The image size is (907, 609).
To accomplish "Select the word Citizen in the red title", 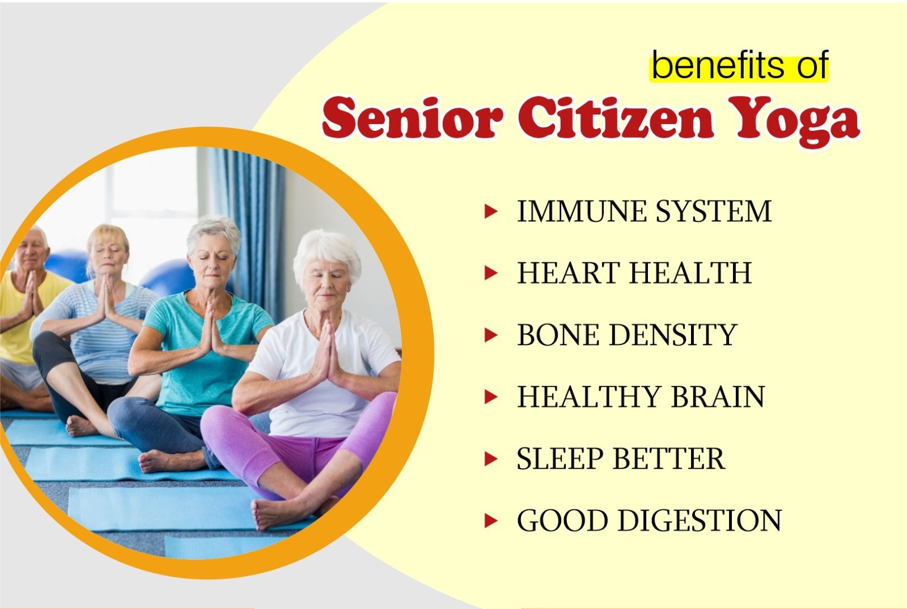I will click(615, 118).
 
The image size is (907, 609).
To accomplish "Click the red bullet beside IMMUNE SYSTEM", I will click(491, 212).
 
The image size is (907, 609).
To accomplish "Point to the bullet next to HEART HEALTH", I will click(491, 274).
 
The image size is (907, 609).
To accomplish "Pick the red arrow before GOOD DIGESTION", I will click(491, 521).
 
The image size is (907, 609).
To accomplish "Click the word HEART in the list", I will click(568, 273).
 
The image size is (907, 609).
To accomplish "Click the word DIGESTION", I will click(700, 521).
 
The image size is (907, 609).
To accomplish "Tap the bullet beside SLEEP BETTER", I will click(491, 459).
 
